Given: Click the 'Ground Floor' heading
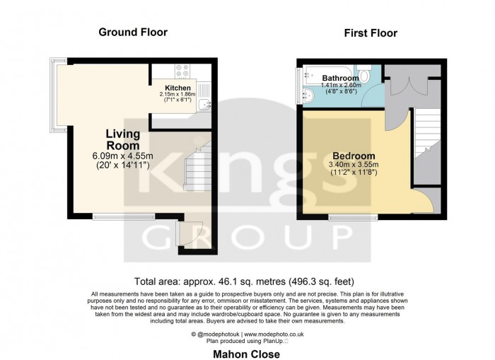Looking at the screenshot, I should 127,31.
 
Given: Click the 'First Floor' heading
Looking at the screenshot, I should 370,33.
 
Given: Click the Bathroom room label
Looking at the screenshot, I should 340,78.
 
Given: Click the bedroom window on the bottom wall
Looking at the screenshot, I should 352,216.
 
